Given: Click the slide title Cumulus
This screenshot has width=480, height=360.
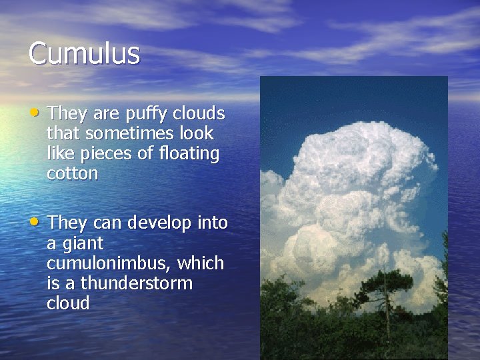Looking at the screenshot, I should tap(84, 53).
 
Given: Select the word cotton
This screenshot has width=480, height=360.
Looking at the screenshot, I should tap(73, 174).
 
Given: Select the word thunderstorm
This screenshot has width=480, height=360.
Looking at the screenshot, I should tap(137, 283).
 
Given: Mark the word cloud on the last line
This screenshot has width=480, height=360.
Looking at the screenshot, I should tap(68, 303).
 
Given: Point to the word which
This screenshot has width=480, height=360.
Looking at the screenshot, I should tap(201, 263).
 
